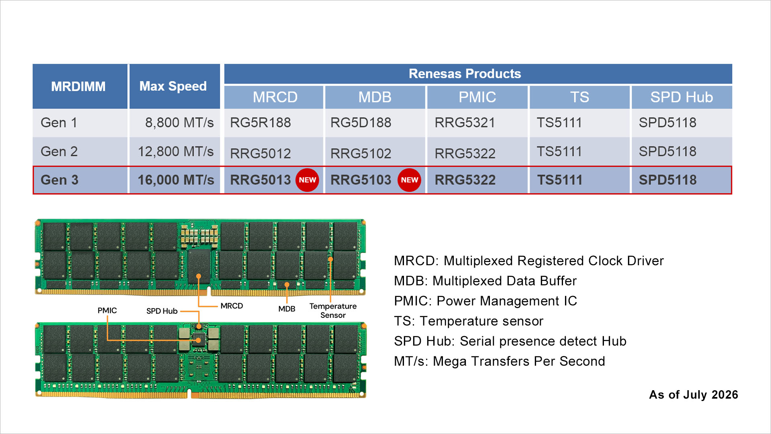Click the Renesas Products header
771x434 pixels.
click(465, 74)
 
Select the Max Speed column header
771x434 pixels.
click(173, 86)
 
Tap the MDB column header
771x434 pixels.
click(375, 97)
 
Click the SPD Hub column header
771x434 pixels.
click(681, 97)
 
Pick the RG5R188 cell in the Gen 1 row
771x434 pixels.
click(260, 123)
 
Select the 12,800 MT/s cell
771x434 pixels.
click(176, 151)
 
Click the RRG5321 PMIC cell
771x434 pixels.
click(465, 123)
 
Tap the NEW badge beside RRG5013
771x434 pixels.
click(307, 180)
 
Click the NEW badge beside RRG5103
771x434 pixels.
click(409, 180)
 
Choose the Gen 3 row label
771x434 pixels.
click(59, 180)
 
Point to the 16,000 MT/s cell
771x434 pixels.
click(176, 180)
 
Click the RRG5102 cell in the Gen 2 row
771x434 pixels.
click(361, 154)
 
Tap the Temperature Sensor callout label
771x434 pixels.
click(333, 311)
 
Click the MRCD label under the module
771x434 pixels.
click(232, 306)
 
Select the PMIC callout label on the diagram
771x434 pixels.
click(107, 311)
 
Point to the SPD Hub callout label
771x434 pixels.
click(162, 311)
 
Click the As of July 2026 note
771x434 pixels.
click(693, 395)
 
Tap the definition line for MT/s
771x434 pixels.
click(499, 361)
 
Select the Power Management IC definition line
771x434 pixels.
click(485, 301)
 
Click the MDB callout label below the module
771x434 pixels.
click(287, 309)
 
